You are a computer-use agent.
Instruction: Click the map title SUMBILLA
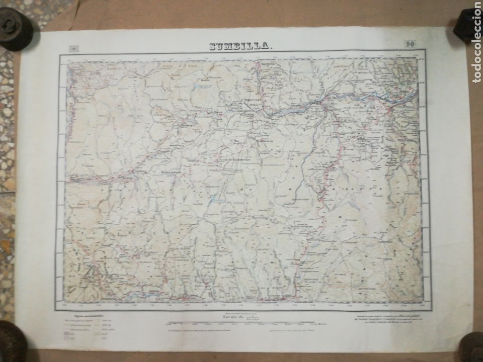click(x=240, y=47)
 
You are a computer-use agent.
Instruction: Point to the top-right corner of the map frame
click(x=426, y=50)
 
